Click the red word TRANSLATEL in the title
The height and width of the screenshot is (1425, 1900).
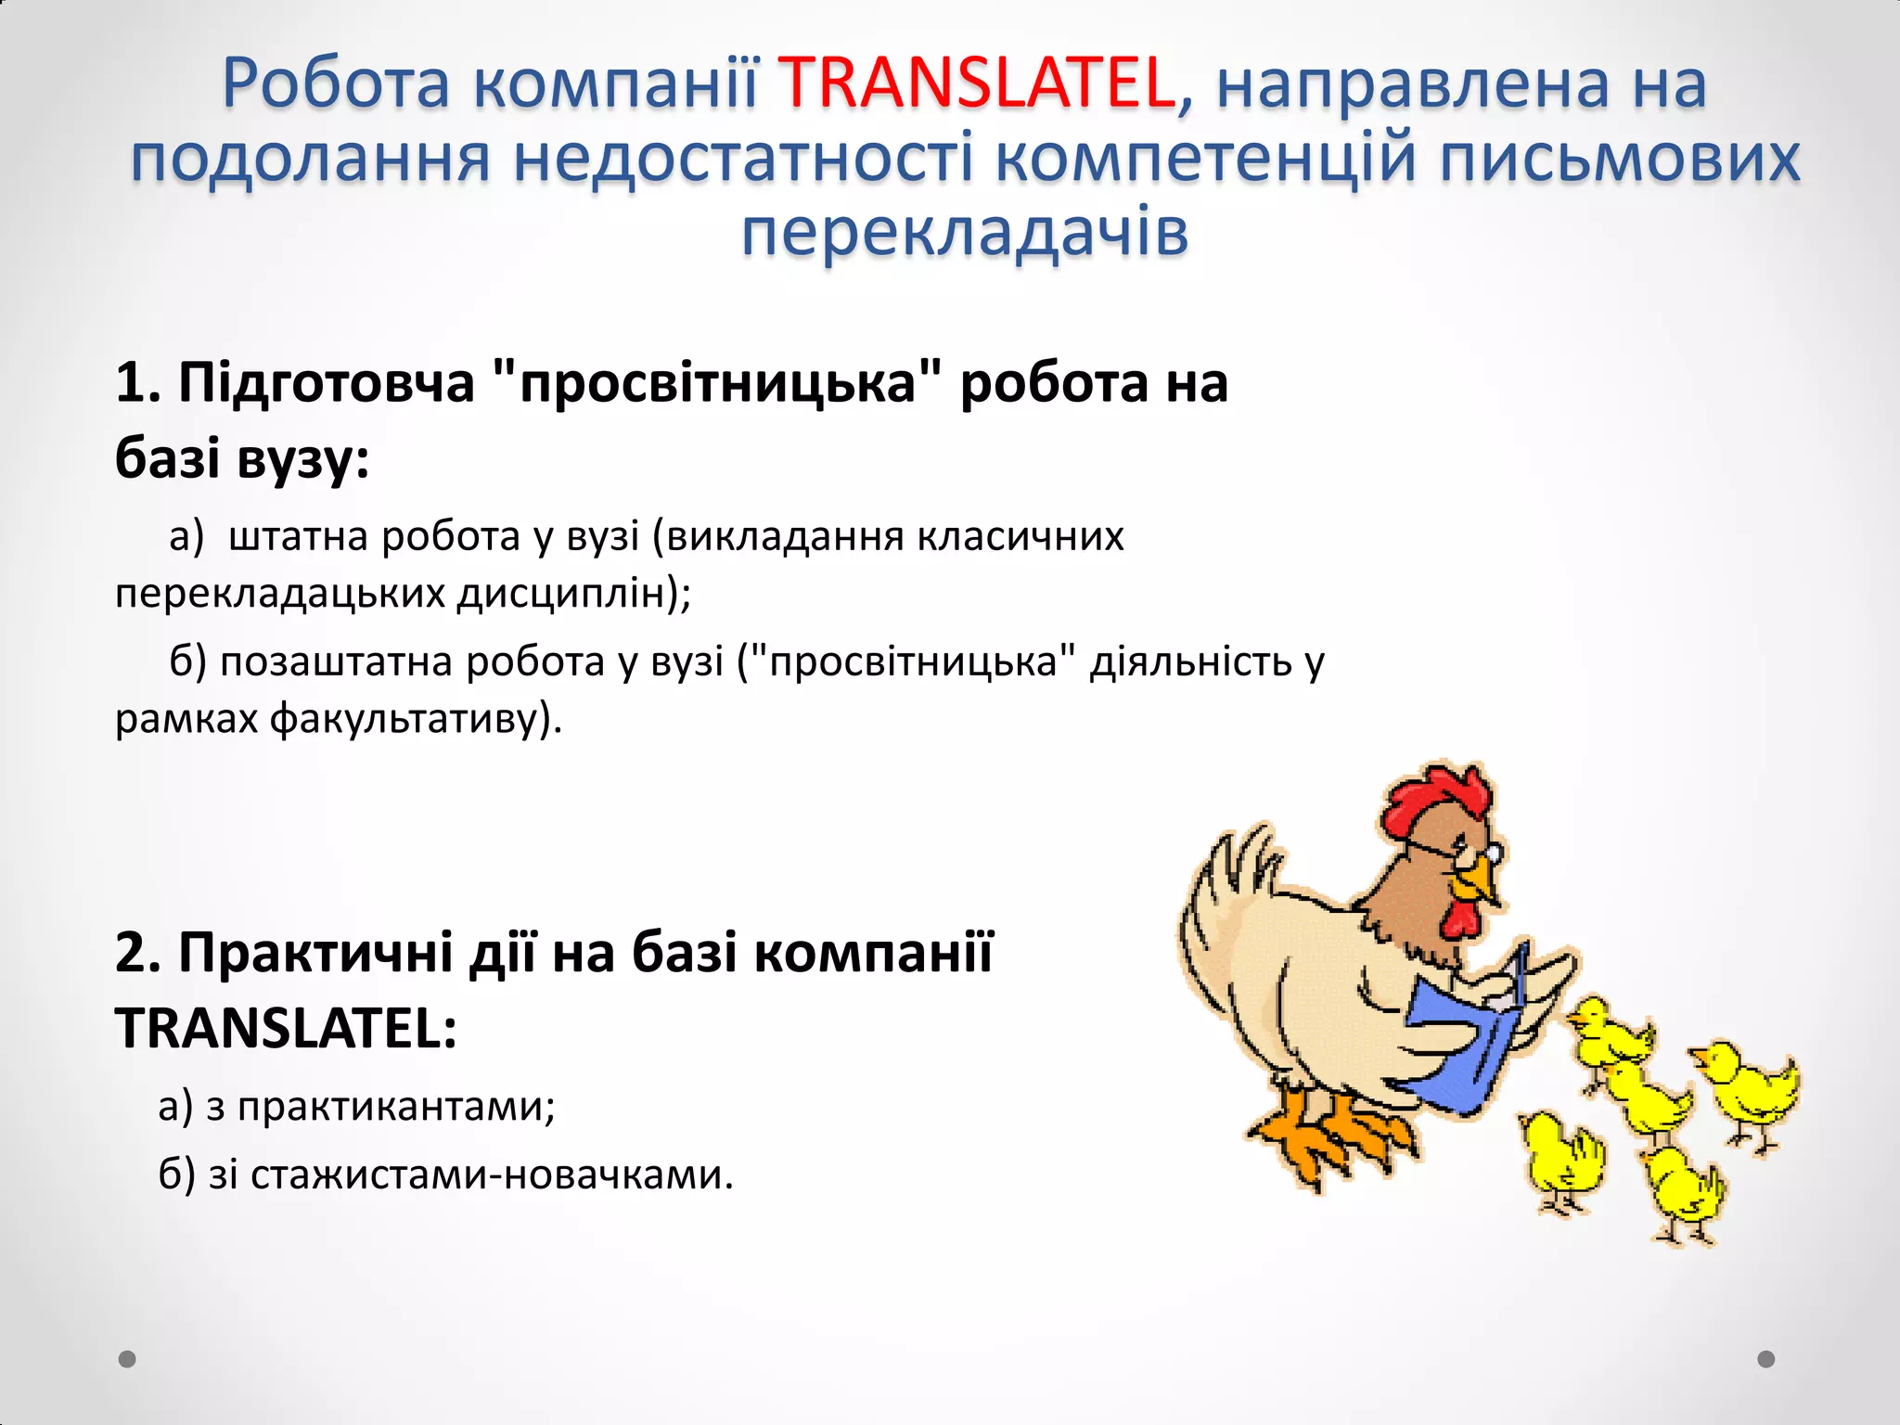click(977, 83)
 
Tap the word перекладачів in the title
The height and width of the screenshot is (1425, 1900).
click(965, 232)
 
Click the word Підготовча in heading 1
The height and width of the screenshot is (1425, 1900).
click(326, 382)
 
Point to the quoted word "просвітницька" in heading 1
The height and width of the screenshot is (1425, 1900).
click(717, 382)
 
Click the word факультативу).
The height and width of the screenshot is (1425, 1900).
click(417, 719)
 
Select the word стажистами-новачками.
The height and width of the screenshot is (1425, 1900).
click(492, 1175)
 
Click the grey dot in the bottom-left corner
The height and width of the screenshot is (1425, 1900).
click(128, 1359)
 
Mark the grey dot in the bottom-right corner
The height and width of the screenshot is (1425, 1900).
click(1766, 1359)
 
